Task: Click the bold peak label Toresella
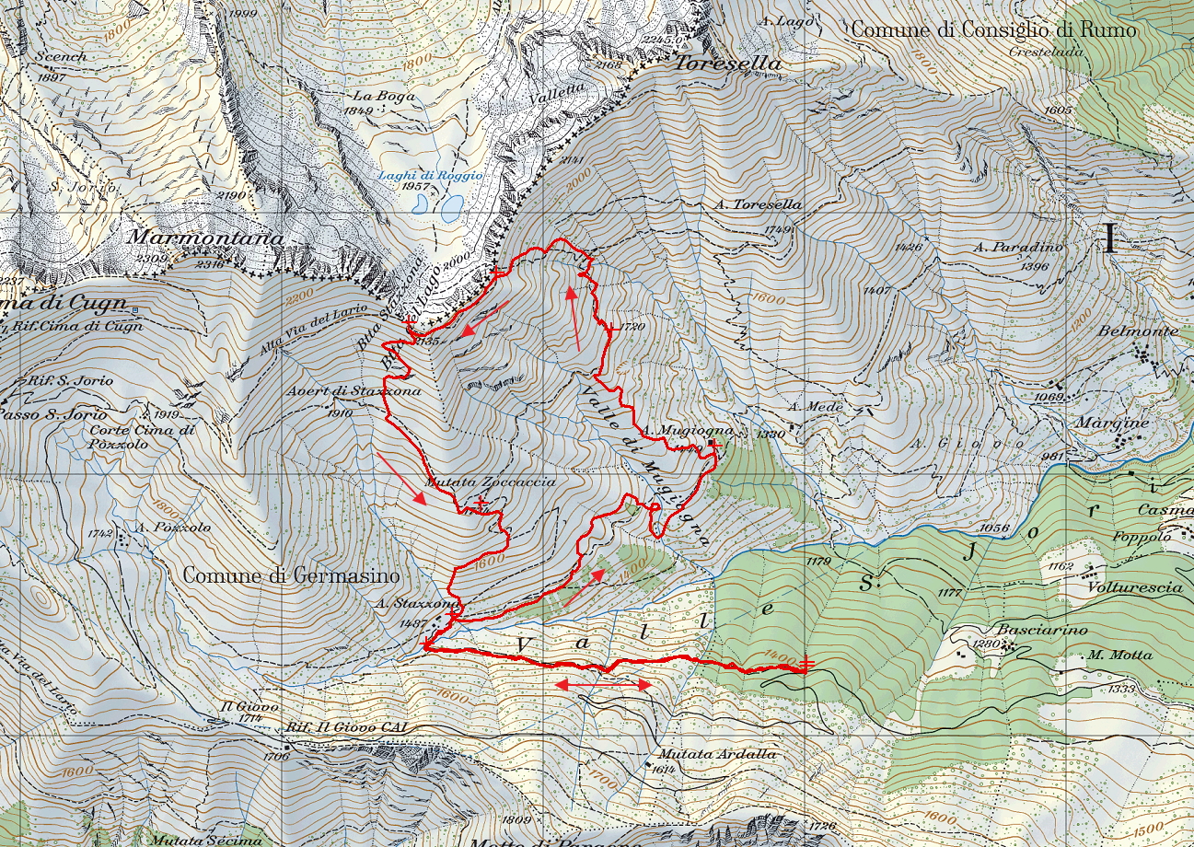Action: (728, 64)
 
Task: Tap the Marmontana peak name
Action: (203, 237)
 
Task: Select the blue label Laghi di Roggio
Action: (431, 175)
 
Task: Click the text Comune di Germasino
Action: (291, 576)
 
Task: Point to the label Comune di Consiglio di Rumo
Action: (993, 29)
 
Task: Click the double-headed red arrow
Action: (603, 685)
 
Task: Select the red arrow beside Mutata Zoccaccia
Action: (400, 478)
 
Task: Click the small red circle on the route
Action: (654, 507)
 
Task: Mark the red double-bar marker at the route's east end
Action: (807, 664)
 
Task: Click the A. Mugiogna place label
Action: (688, 430)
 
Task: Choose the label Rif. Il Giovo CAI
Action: (345, 727)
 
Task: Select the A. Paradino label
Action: (1019, 247)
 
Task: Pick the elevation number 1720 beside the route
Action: (633, 327)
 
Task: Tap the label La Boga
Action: (376, 95)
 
